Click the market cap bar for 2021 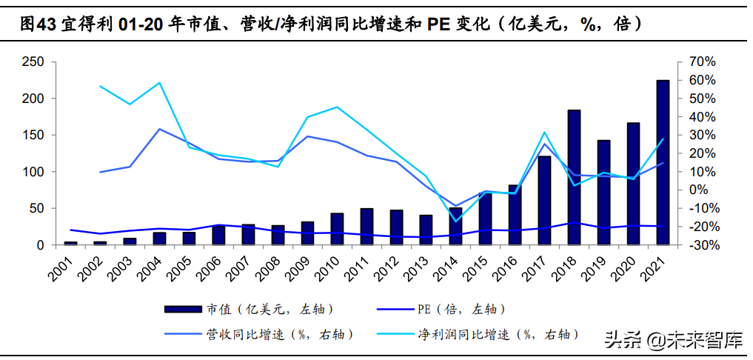pos(663,162)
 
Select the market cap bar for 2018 pos(574,177)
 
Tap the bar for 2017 pos(544,200)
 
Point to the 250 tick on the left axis pos(34,61)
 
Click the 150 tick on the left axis pos(34,135)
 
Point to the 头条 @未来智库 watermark pos(673,339)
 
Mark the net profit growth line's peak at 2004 pos(160,83)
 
